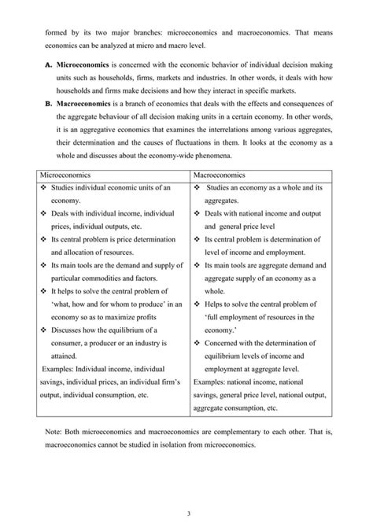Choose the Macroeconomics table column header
(220, 179)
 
